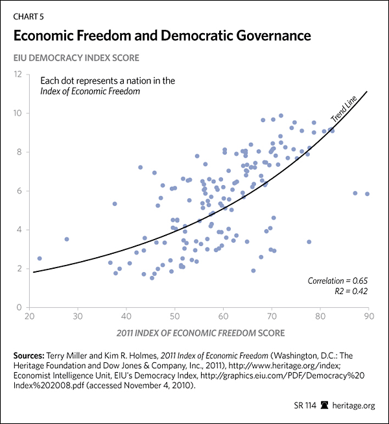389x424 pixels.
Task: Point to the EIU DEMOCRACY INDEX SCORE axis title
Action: click(x=75, y=58)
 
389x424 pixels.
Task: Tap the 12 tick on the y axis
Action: click(x=19, y=74)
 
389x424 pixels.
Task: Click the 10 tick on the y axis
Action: click(x=19, y=113)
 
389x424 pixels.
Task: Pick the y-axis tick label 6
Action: click(x=21, y=191)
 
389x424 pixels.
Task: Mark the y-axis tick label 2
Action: click(x=21, y=268)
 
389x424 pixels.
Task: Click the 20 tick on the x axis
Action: click(x=29, y=316)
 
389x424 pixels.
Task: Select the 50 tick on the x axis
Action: click(x=174, y=316)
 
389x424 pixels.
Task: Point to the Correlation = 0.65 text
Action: click(x=338, y=280)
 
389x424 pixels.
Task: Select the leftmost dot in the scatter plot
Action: click(x=40, y=258)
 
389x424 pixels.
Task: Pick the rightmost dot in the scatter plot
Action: click(x=367, y=194)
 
